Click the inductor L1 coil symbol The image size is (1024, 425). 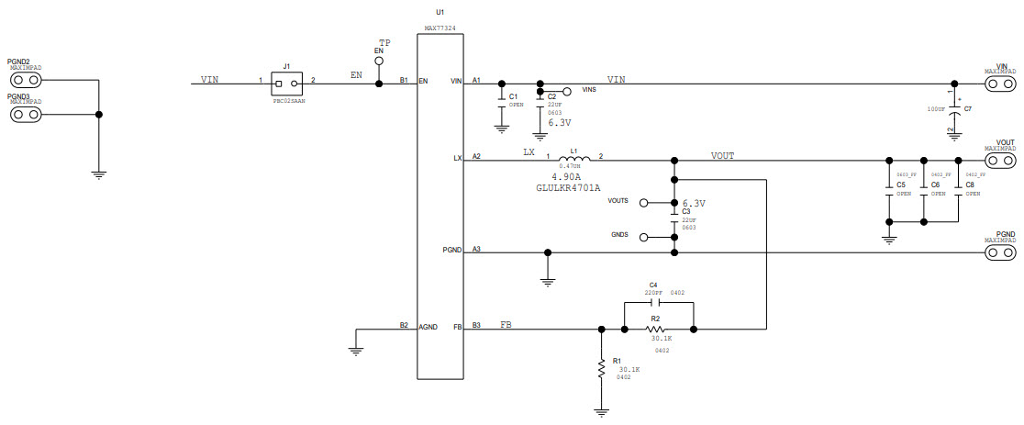(573, 157)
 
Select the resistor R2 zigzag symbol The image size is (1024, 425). (655, 329)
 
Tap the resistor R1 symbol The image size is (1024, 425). (601, 368)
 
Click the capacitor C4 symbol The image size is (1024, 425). (655, 301)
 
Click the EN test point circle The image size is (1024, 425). (379, 60)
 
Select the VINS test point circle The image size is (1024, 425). (567, 91)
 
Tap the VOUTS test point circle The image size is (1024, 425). (643, 202)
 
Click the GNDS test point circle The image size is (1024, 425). (643, 237)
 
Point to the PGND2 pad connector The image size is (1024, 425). (27, 80)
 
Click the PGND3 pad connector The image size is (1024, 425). (27, 115)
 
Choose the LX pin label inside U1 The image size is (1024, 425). (458, 158)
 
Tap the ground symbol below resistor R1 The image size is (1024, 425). (601, 412)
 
